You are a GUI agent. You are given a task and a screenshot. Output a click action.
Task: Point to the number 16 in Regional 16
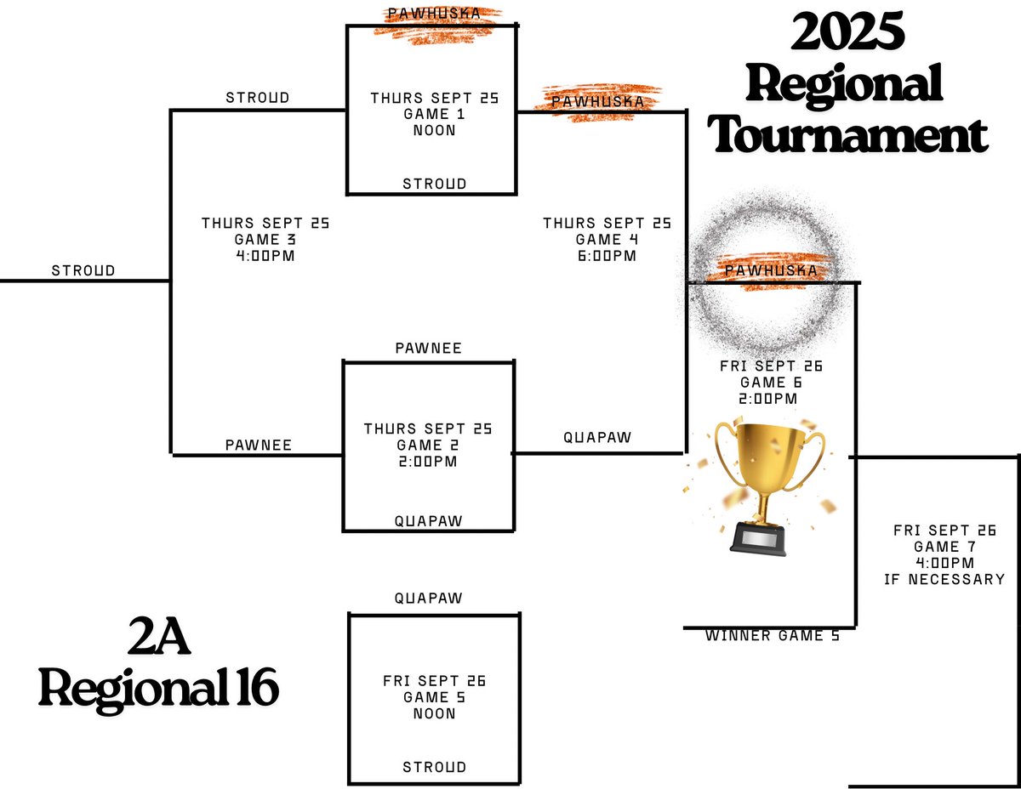point(254,689)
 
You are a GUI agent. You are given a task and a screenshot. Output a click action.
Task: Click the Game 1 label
point(434,114)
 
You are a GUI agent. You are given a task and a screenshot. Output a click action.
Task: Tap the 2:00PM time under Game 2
point(427,462)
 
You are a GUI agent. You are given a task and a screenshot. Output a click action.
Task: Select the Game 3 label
point(265,239)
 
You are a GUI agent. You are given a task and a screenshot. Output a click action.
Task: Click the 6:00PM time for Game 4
point(607,255)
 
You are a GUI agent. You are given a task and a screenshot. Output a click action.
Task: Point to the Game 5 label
point(434,697)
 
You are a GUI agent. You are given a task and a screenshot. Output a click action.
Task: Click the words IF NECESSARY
point(944,579)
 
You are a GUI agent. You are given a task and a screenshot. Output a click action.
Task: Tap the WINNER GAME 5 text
point(772,635)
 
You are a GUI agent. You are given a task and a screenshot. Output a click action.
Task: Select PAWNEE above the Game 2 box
point(429,348)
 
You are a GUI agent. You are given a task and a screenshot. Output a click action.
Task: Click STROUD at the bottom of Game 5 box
point(434,767)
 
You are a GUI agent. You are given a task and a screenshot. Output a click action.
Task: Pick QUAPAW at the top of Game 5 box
point(429,598)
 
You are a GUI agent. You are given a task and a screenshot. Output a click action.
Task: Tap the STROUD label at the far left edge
point(83,270)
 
